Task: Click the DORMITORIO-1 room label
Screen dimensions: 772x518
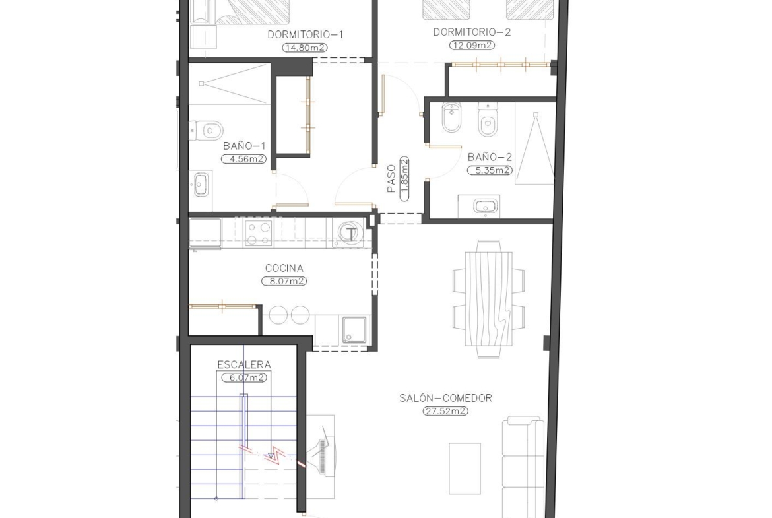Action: (306, 34)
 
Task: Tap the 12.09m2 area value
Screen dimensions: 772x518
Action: (472, 46)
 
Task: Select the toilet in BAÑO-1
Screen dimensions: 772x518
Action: (207, 131)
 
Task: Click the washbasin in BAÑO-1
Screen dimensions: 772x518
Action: (201, 184)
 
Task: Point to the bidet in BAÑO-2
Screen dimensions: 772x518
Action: (451, 117)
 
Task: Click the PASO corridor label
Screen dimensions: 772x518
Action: (391, 178)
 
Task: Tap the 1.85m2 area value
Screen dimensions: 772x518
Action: (404, 179)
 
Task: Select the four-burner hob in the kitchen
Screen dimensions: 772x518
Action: (259, 233)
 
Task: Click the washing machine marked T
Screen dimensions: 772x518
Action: (350, 233)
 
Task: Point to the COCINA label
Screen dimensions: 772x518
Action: (284, 269)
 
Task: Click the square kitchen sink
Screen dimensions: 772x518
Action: (354, 330)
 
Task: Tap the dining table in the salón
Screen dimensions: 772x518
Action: (489, 298)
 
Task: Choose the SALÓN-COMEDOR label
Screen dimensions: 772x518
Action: (445, 398)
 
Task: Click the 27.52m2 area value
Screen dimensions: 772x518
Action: (445, 411)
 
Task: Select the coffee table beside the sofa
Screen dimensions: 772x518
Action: (465, 469)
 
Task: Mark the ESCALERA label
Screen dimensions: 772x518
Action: (244, 365)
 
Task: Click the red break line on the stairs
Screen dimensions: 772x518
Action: (273, 456)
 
